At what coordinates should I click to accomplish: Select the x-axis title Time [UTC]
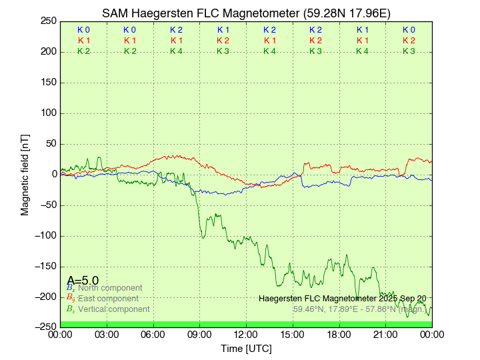coord(246,349)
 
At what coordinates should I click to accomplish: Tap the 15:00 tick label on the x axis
coord(293,333)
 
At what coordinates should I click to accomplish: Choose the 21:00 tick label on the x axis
coord(385,333)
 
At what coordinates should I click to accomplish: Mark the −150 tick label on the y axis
coord(45,266)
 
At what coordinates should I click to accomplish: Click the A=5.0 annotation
coord(83,281)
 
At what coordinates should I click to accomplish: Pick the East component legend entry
coord(108,298)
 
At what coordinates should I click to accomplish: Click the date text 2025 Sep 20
coord(405,298)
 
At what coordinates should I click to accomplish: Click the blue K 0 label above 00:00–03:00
coord(83,30)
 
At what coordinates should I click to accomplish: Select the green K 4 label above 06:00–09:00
coord(176,51)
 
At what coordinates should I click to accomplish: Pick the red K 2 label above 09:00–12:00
coord(223,41)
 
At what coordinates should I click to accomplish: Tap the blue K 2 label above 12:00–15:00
coord(269,30)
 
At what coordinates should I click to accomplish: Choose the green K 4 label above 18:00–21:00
coord(362,51)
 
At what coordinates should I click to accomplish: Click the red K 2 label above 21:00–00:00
coord(409,41)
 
